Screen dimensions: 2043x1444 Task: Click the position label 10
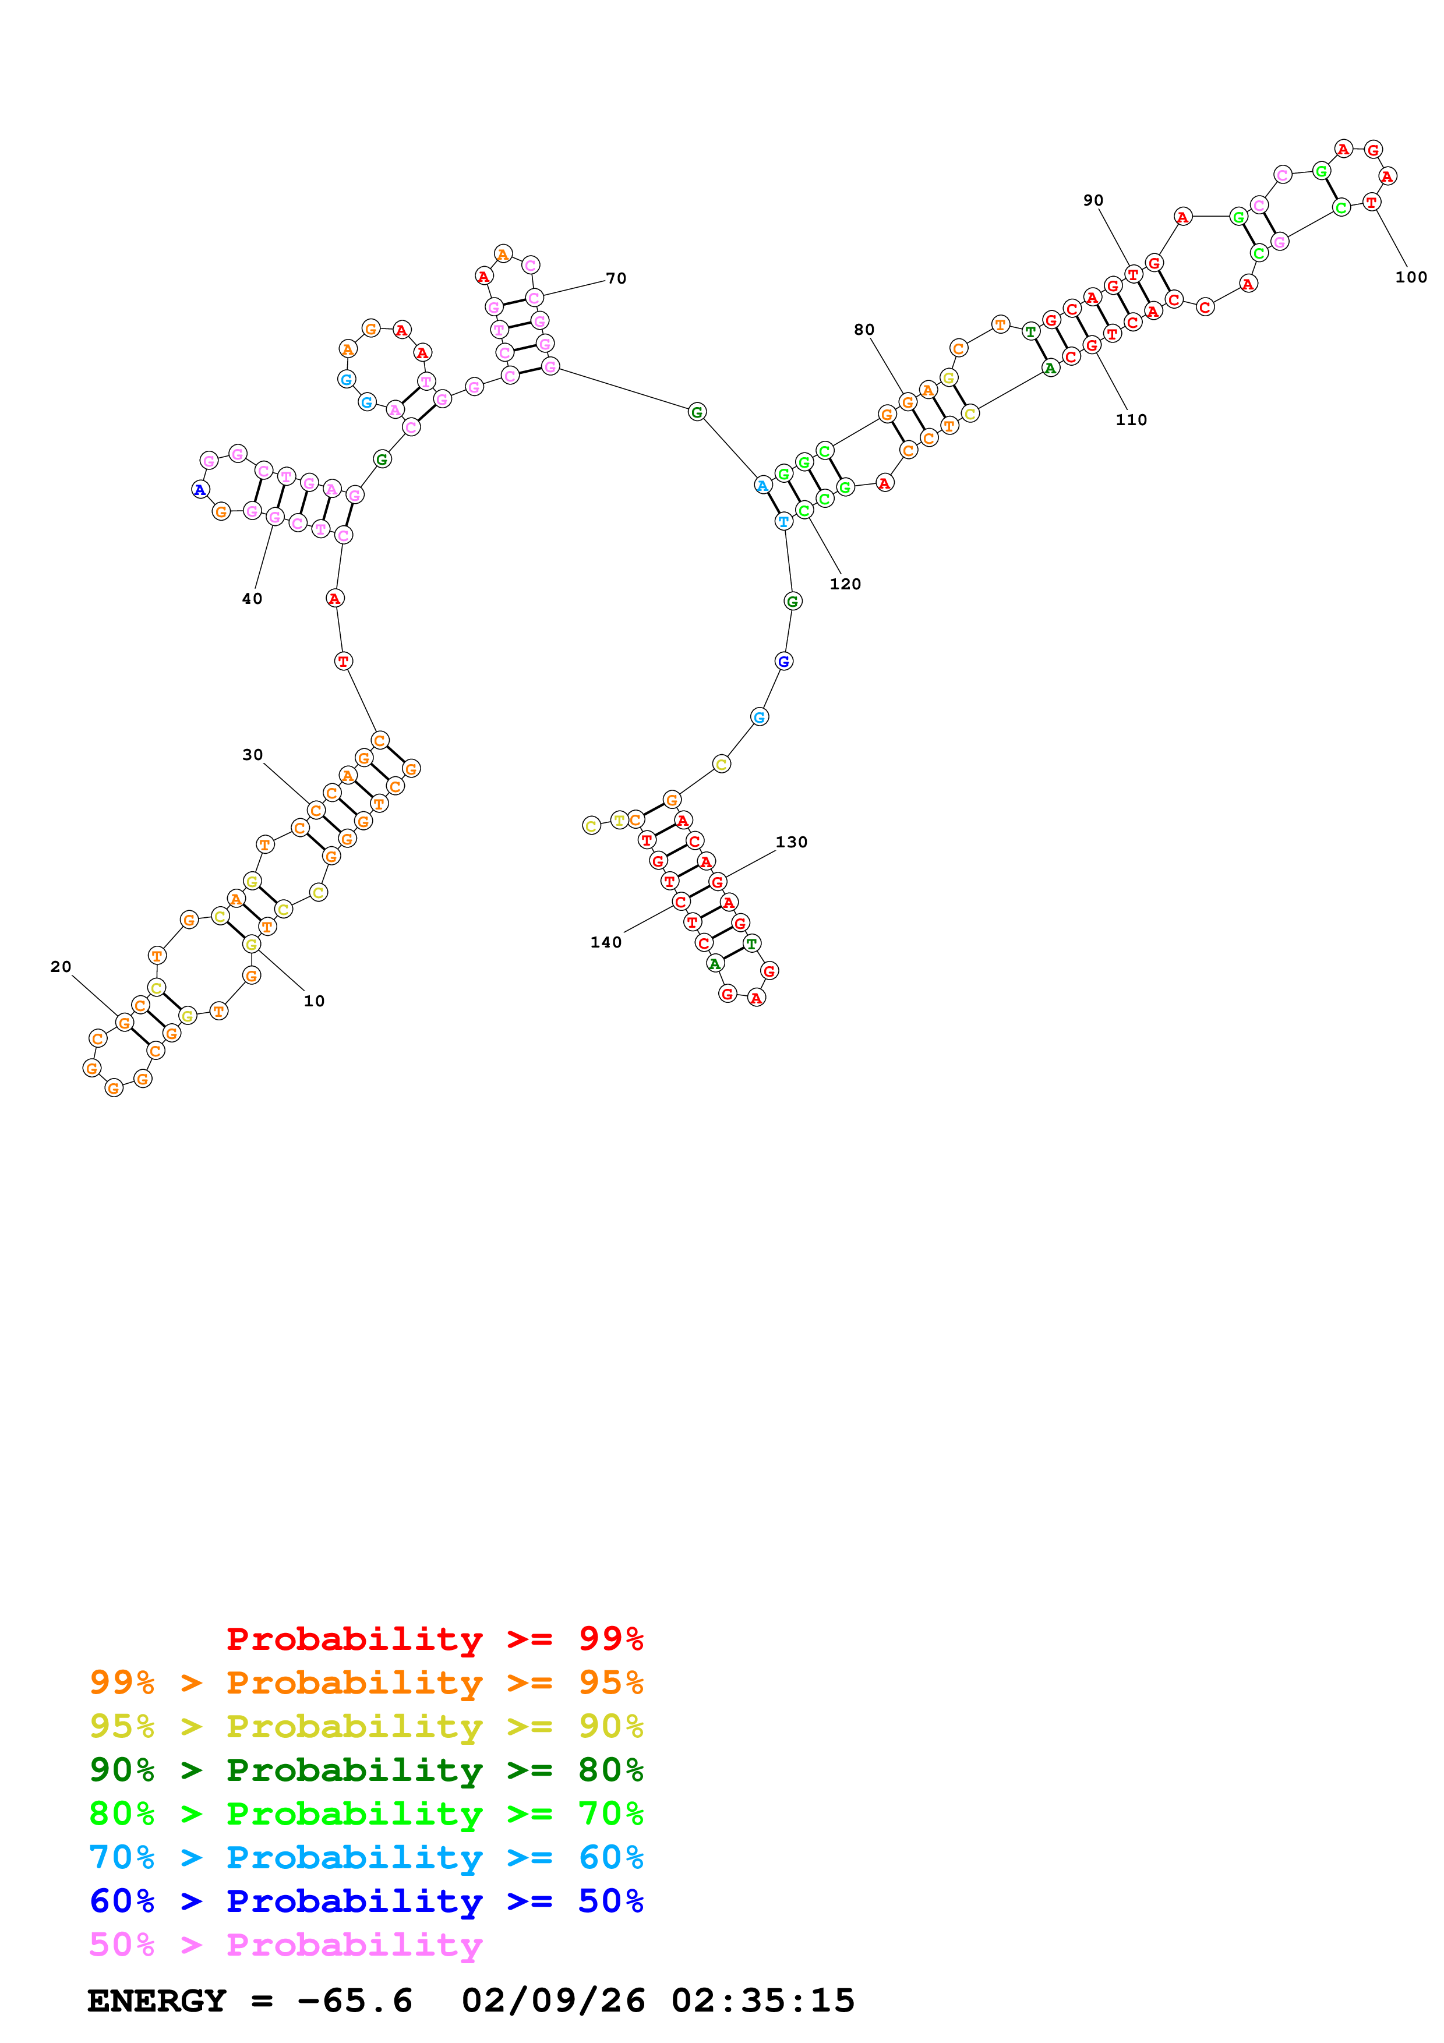(314, 1001)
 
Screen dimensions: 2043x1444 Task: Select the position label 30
(253, 755)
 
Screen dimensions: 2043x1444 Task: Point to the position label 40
(253, 599)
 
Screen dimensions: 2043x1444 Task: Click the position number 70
(616, 278)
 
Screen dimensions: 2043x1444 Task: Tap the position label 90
(1093, 200)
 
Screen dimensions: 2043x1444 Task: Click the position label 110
(1132, 420)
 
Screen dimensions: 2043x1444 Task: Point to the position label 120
(845, 584)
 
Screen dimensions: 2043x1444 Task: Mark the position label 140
(606, 942)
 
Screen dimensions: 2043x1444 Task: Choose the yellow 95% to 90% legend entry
(366, 1726)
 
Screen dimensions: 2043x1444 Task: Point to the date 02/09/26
(553, 2000)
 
